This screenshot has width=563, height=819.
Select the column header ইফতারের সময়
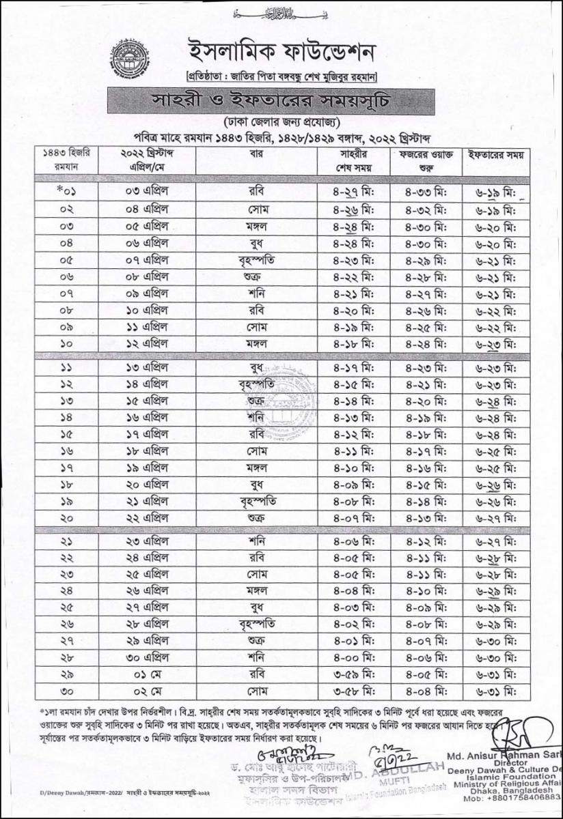(497, 155)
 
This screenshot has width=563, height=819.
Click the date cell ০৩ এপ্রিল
(147, 191)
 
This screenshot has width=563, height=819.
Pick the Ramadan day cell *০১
(66, 191)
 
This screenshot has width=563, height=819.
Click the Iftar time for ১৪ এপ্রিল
(497, 384)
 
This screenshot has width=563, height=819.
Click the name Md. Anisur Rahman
(502, 754)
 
